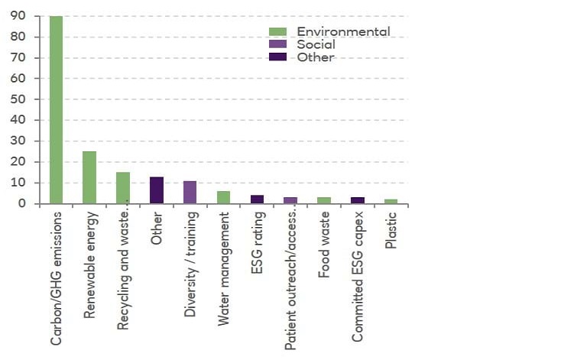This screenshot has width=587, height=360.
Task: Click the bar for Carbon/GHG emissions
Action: point(57,109)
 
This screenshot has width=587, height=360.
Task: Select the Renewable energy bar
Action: point(89,177)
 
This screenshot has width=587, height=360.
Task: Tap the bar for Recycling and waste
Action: point(123,188)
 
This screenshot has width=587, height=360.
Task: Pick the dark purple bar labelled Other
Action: point(156,190)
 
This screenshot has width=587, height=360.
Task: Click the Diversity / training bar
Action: point(190,193)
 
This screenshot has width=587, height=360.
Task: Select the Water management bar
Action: point(223,197)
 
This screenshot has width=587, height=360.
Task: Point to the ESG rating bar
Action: point(257,199)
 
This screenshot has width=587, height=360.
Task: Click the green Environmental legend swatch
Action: point(277,32)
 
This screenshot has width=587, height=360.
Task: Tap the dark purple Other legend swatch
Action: point(277,57)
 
